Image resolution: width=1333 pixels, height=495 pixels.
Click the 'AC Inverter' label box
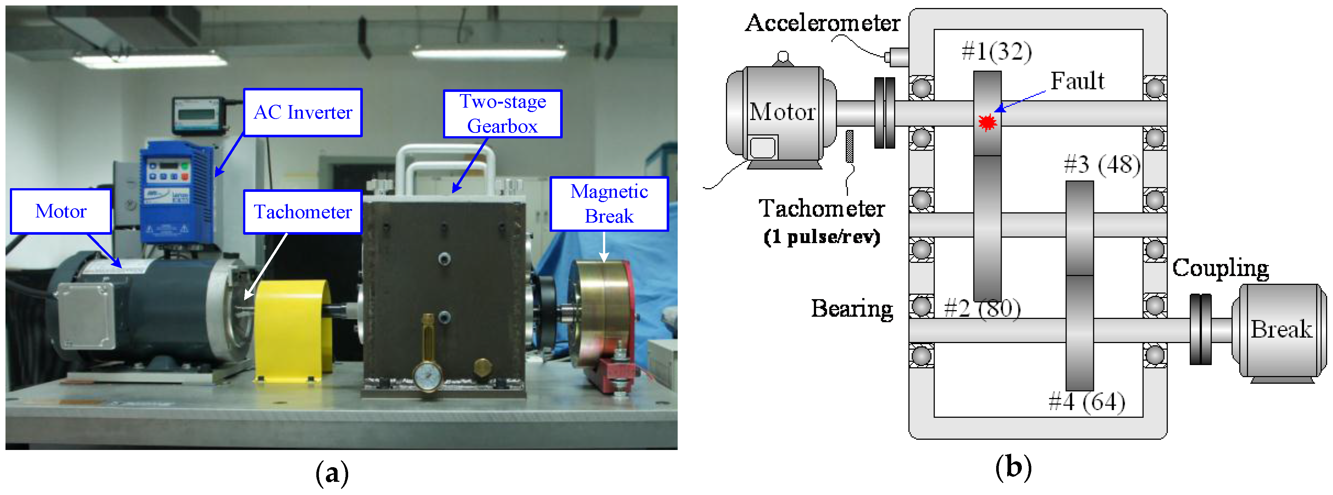coord(303,112)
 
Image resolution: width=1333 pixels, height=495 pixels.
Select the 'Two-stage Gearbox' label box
coord(502,114)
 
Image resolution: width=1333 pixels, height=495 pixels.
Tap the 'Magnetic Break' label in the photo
coord(609,204)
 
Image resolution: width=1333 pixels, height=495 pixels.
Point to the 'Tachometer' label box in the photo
coord(303,212)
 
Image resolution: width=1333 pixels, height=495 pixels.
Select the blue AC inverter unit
coord(176,191)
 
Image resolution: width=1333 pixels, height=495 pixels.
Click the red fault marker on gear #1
coord(987,122)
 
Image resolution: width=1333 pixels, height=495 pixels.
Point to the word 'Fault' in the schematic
coord(1077,81)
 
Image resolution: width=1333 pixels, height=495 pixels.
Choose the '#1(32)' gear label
coord(997,51)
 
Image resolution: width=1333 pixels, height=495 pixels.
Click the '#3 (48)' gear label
coord(1102,164)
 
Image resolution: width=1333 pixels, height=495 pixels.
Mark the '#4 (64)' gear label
coord(1087,402)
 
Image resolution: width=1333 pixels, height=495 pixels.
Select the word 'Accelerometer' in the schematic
coord(822,23)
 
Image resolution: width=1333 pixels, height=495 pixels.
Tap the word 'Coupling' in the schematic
coord(1220,268)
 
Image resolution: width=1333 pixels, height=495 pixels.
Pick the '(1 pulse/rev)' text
coord(822,237)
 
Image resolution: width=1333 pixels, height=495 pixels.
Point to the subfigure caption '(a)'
coord(332,473)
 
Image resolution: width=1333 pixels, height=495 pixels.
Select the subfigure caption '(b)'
coord(1013,467)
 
